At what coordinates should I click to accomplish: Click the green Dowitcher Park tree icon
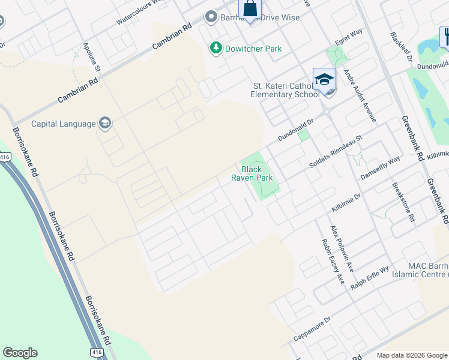215,48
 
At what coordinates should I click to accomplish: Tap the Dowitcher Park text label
252,49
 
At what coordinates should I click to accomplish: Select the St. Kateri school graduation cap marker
324,79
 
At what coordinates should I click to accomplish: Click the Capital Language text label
63,124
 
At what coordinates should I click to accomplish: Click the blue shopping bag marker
250,8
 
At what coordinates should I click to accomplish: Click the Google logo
20,353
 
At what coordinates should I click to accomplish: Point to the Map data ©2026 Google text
412,355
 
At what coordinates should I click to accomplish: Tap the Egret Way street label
349,38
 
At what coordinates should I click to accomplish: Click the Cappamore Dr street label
312,329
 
